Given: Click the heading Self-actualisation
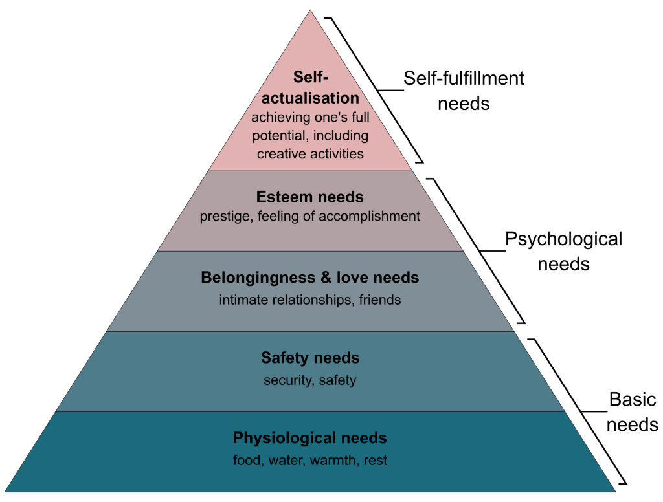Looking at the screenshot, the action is (x=310, y=87).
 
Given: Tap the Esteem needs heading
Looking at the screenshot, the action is (x=310, y=197).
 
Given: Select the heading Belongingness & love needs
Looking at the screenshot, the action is (x=310, y=278).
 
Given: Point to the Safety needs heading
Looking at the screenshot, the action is (x=310, y=358).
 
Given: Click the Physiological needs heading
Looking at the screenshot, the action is (x=310, y=438).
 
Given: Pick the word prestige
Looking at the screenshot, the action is (x=225, y=216).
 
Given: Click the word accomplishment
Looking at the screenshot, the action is (x=369, y=216).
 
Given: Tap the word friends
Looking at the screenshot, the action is (x=379, y=300).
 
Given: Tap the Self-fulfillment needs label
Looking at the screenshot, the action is (x=464, y=91).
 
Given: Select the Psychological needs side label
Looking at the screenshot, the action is (x=564, y=252).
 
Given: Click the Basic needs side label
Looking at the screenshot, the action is (x=632, y=412).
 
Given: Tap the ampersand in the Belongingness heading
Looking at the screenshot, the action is (x=326, y=278).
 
